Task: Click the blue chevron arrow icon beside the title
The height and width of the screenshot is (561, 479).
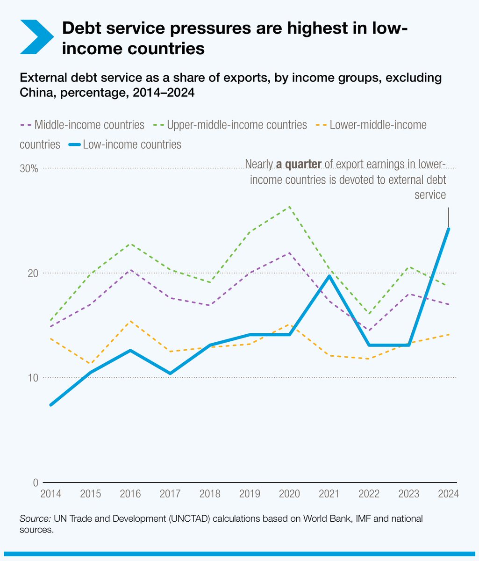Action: [36, 36]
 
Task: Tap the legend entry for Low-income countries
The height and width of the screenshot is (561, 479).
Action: [126, 144]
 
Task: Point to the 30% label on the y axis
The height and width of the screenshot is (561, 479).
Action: [29, 168]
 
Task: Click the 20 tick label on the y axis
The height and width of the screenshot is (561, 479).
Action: [32, 273]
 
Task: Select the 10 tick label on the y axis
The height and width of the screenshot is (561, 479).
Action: [32, 378]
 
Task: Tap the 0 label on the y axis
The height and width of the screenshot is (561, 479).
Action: [35, 482]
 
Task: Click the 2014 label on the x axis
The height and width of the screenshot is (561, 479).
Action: [50, 494]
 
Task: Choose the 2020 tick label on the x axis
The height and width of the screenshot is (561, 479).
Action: [290, 494]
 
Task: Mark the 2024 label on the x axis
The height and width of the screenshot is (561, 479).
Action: [449, 494]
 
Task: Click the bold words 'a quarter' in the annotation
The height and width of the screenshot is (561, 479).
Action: [298, 164]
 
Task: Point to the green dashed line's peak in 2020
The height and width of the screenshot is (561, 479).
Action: [290, 206]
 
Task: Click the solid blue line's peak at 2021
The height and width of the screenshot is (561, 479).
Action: [329, 276]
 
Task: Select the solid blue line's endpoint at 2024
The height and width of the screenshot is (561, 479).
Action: [449, 229]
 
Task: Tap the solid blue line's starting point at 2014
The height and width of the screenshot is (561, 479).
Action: [50, 405]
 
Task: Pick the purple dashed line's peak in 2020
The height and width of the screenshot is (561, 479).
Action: [290, 252]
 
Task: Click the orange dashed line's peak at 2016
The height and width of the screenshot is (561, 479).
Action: [130, 321]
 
